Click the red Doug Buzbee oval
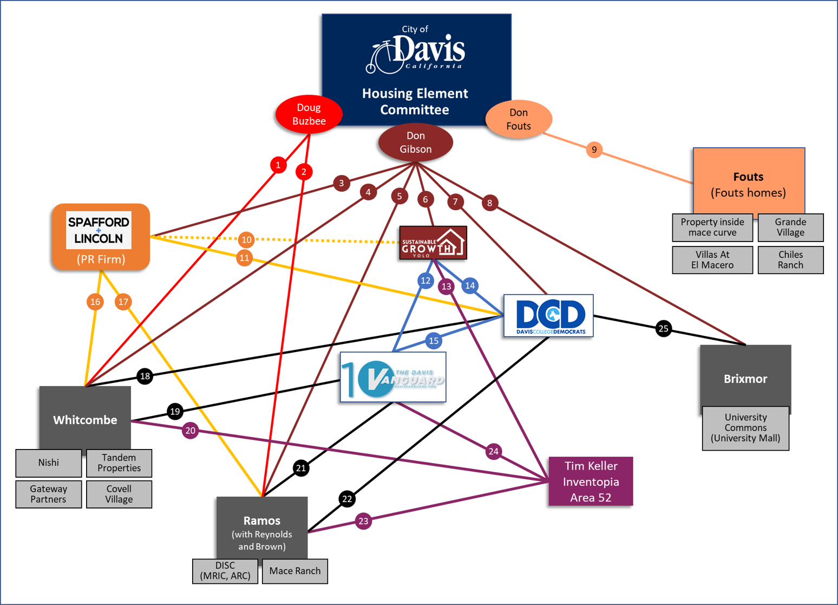pyautogui.click(x=309, y=114)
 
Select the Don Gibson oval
pyautogui.click(x=415, y=142)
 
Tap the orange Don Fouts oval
pyautogui.click(x=518, y=119)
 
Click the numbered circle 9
pyautogui.click(x=594, y=149)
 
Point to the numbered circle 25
pyautogui.click(x=663, y=328)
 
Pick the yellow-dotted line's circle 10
pyautogui.click(x=246, y=239)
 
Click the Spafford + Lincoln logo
pyautogui.click(x=99, y=230)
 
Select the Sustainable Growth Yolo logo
pyautogui.click(x=433, y=243)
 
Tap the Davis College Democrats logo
pyautogui.click(x=548, y=316)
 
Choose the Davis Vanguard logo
pyautogui.click(x=393, y=378)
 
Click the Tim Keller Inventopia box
pyautogui.click(x=591, y=482)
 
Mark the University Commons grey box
pyautogui.click(x=745, y=428)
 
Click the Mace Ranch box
pyautogui.click(x=294, y=571)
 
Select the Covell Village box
pyautogui.click(x=119, y=494)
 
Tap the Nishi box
pyautogui.click(x=49, y=463)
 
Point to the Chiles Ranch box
pyautogui.click(x=790, y=260)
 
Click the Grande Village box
pyautogui.click(x=790, y=227)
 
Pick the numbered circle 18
pyautogui.click(x=145, y=376)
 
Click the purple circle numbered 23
pyautogui.click(x=363, y=521)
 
